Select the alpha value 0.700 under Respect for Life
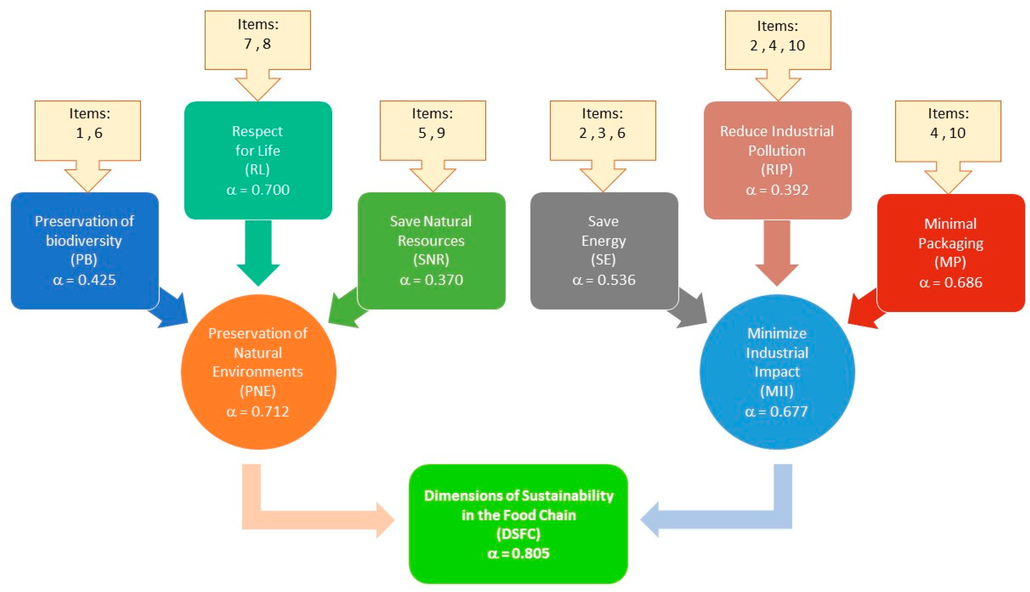(258, 190)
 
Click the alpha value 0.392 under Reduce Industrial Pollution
(777, 190)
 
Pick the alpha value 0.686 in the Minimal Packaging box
(951, 282)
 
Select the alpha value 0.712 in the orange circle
(258, 411)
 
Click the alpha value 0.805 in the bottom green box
(518, 553)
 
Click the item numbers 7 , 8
(258, 44)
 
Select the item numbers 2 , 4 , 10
(777, 46)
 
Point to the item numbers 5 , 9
(432, 133)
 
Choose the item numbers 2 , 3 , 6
(603, 133)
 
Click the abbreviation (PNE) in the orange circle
(258, 391)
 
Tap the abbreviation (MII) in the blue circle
(777, 391)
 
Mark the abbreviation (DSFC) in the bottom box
(518, 533)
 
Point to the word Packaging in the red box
(951, 243)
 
